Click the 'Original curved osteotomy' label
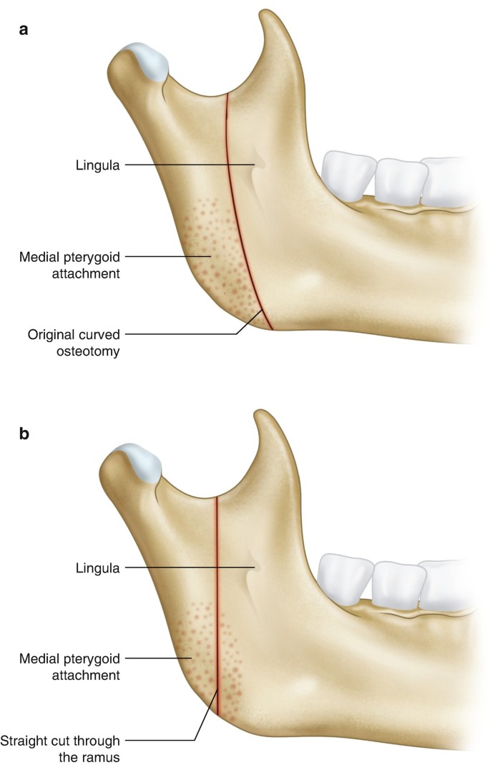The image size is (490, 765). [x=73, y=343]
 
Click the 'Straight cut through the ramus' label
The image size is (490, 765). [x=61, y=747]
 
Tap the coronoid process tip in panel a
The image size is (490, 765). [x=269, y=18]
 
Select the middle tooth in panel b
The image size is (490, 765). [x=394, y=583]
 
